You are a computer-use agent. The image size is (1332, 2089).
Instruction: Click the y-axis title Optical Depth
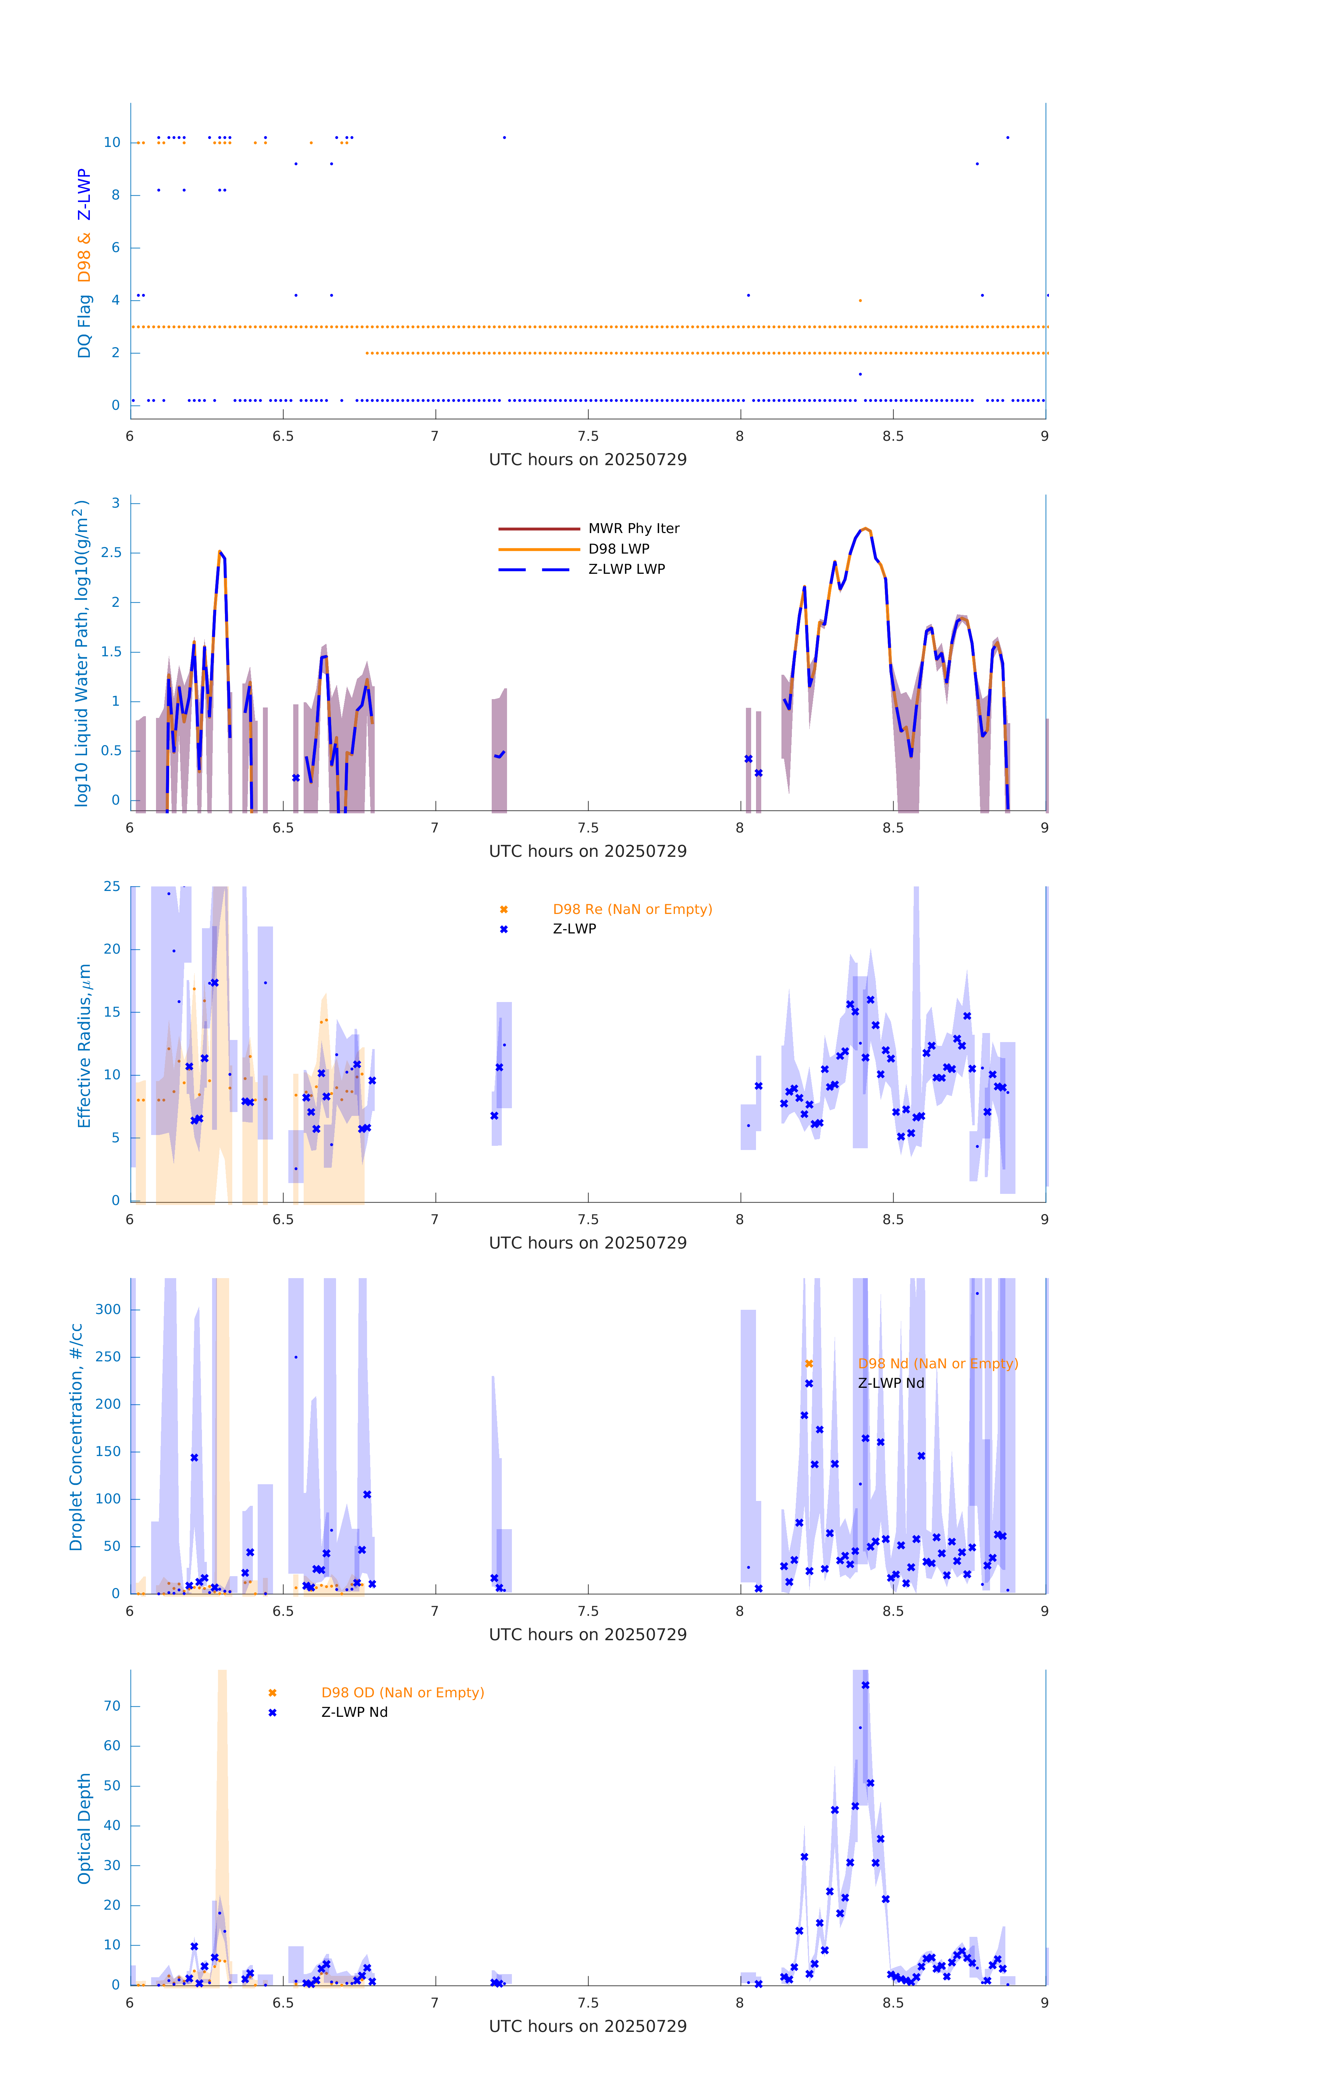84,1829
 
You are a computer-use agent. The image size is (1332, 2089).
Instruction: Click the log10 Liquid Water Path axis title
81,653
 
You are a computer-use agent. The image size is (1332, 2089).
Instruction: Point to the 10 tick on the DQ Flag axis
112,142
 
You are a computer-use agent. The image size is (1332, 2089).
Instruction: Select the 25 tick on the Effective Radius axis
112,887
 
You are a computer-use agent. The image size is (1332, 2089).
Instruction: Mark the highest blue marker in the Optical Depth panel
865,1685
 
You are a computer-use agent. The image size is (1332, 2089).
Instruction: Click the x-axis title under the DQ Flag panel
587,460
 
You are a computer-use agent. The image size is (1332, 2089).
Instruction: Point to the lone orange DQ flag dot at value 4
860,301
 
